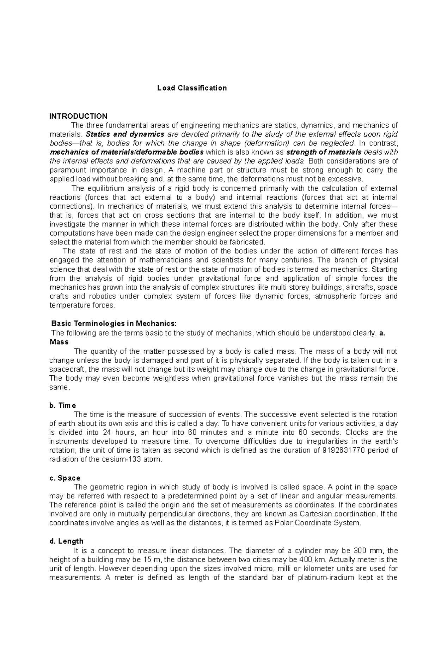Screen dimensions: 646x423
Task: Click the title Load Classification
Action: (x=192, y=88)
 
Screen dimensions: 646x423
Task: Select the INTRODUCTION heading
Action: (x=78, y=116)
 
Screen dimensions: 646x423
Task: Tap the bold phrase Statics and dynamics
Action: (x=125, y=134)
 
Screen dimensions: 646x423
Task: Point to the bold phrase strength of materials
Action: (x=324, y=152)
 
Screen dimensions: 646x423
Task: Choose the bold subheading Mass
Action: (x=59, y=342)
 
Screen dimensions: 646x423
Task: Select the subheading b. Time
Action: (x=63, y=406)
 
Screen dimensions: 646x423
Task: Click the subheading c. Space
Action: (x=65, y=478)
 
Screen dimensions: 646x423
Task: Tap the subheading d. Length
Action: (x=66, y=541)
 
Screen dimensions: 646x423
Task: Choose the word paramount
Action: (x=65, y=170)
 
